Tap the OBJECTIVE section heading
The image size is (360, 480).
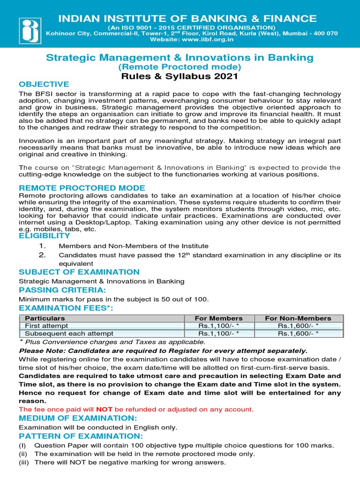coord(44,84)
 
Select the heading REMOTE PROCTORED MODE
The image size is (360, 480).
coord(82,187)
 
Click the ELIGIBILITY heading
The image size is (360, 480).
coord(44,236)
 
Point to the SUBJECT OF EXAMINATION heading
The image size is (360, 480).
coord(79,272)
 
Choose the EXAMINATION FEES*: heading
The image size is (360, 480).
coord(66,308)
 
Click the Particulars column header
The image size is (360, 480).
coord(45,318)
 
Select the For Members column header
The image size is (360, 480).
coord(218,318)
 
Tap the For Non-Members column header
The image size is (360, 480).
coord(298,318)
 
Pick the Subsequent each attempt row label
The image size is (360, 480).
coord(69,334)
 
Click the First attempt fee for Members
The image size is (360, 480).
coord(218,326)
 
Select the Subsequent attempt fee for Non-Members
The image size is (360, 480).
coord(298,334)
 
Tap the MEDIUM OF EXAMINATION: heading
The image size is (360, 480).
coord(77,418)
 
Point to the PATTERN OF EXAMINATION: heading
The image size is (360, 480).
coord(80,436)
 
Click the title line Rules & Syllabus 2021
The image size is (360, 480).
coord(180,76)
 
